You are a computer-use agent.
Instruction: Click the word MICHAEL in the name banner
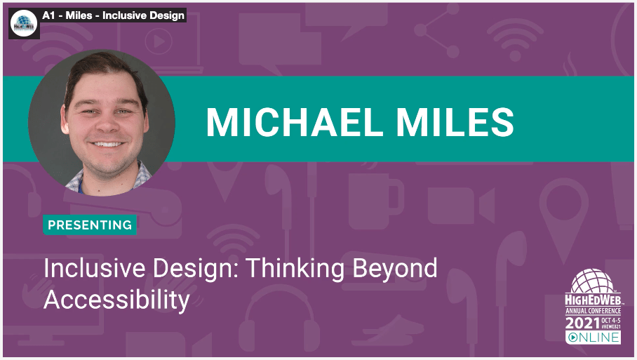[295, 122]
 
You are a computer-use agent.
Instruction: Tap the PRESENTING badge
[90, 225]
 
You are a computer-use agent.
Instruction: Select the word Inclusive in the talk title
[95, 268]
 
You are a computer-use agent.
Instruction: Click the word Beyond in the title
[394, 269]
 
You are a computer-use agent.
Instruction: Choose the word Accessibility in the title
[117, 300]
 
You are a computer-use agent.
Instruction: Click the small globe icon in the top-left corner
[24, 24]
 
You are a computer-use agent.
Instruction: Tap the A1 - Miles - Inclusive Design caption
[114, 15]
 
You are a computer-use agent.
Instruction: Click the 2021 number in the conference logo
[583, 324]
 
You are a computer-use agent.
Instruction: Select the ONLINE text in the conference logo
[593, 338]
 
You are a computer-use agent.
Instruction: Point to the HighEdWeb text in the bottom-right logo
[593, 300]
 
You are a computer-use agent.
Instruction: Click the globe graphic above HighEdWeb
[592, 281]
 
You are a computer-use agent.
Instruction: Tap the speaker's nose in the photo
[107, 124]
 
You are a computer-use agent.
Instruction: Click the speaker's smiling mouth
[107, 145]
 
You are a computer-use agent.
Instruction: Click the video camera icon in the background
[461, 206]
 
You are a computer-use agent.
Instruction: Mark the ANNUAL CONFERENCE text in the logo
[593, 311]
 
